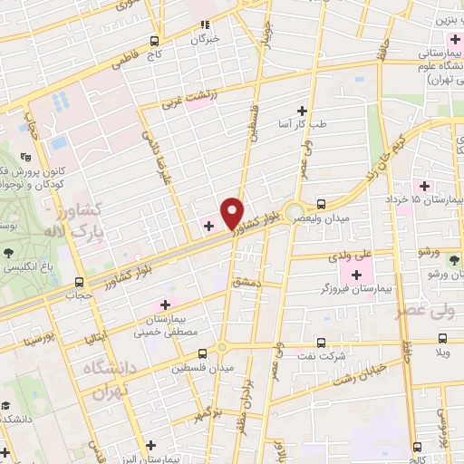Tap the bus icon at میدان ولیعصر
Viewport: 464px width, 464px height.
tap(321, 204)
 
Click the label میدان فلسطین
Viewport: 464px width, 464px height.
tap(208, 367)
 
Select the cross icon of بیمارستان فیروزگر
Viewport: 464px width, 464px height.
tap(355, 274)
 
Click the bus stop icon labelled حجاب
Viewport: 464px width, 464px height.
tap(79, 282)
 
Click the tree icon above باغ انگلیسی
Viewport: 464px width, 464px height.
tap(9, 252)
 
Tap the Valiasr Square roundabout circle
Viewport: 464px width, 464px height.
tap(294, 215)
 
